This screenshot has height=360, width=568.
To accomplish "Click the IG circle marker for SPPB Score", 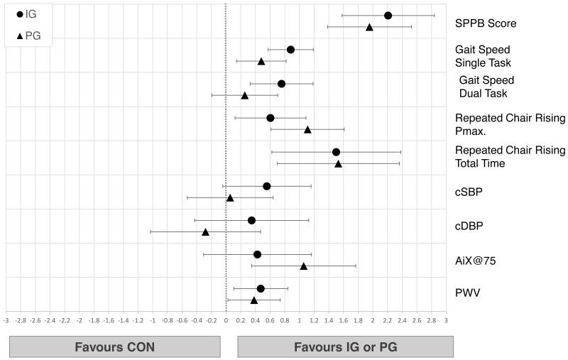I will coord(388,16).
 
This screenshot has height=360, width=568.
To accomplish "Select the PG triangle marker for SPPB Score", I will coord(369,27).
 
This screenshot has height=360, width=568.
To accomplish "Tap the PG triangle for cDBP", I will coord(205,232).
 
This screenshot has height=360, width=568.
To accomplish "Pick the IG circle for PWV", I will coord(261,288).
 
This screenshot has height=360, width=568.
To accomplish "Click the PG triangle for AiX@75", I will coord(303,266).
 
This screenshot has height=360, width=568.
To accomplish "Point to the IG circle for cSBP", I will coord(266,186).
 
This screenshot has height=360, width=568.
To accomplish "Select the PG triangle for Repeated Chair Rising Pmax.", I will coord(307,130).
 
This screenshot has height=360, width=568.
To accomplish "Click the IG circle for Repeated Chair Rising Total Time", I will coord(336,152).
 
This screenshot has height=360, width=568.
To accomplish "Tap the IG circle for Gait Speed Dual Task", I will coord(281,84).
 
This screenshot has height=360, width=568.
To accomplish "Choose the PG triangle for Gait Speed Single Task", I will coord(261,62).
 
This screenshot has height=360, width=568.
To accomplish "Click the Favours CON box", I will coord(115,347).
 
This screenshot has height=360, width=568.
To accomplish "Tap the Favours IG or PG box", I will coord(344,347).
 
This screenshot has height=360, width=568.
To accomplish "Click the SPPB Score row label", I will coord(486,23).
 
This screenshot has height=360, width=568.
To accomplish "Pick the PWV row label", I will coord(468,293).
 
